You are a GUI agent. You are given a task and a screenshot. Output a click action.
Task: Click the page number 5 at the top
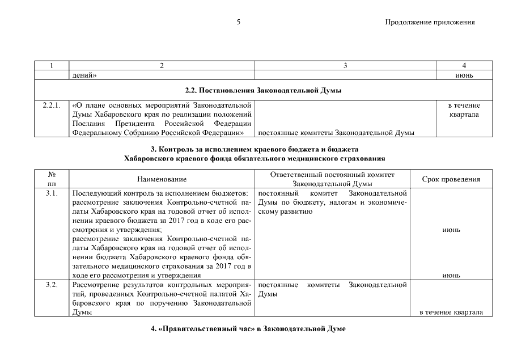[x=239, y=22]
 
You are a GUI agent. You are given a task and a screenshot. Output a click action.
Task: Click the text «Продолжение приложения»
[x=429, y=22]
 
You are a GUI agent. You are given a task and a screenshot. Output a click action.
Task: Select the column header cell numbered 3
[x=345, y=66]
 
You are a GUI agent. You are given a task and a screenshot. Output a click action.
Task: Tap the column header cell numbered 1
[x=52, y=66]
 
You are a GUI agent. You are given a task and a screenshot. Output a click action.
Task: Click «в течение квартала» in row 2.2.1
[x=464, y=110]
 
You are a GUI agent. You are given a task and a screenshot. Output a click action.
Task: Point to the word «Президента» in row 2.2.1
[x=137, y=124]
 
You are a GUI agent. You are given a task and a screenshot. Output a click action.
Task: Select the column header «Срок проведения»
[x=452, y=179]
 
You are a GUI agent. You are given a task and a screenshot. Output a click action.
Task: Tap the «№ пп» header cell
[x=52, y=179]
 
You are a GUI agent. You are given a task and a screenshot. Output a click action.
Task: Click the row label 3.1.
[x=52, y=194]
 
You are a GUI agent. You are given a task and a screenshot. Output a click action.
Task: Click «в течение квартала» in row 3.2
[x=451, y=312]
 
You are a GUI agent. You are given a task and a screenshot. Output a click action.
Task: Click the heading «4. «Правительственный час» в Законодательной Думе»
[x=256, y=330]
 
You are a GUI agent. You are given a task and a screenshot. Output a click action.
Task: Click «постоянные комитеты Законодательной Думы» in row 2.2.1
[x=335, y=133]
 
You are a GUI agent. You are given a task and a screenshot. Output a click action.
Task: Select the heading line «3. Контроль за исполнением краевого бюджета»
[x=256, y=149]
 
